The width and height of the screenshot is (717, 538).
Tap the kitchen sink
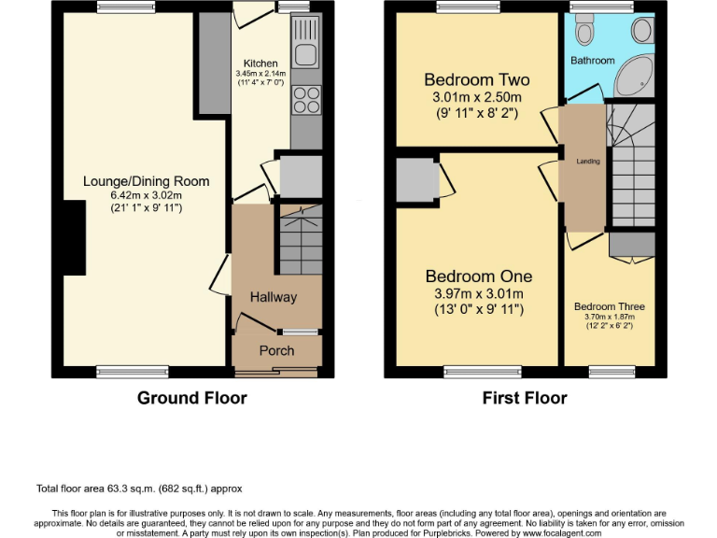pyautogui.click(x=305, y=43)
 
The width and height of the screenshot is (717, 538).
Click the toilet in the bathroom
pyautogui.click(x=585, y=34)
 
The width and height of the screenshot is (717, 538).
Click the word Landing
pyautogui.click(x=587, y=162)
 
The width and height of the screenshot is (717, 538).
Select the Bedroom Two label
pyautogui.click(x=471, y=79)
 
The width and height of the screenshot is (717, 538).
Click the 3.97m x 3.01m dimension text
pyautogui.click(x=479, y=294)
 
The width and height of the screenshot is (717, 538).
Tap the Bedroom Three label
pyautogui.click(x=609, y=306)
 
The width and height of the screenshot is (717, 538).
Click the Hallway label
pyautogui.click(x=273, y=297)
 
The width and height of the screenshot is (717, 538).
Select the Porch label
pyautogui.click(x=275, y=350)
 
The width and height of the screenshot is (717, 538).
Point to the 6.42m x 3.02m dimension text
pyautogui.click(x=146, y=194)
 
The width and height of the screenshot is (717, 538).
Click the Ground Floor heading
pyautogui.click(x=191, y=398)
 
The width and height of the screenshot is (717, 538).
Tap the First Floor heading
pyautogui.click(x=524, y=398)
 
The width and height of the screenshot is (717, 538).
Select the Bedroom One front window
pyautogui.click(x=482, y=371)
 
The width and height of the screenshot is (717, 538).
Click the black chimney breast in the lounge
pyautogui.click(x=67, y=237)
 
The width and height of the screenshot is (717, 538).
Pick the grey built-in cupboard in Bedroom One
pyautogui.click(x=416, y=179)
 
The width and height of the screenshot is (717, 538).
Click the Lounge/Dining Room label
pyautogui.click(x=146, y=181)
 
